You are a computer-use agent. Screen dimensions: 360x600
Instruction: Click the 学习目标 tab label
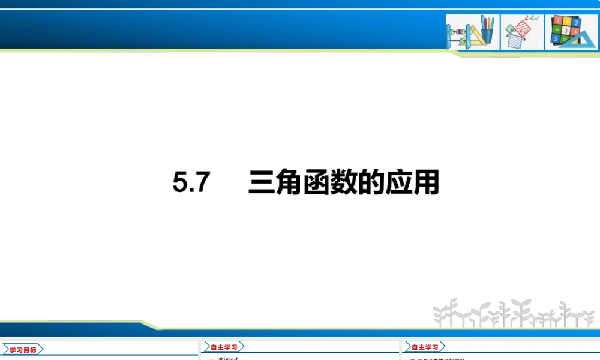[x=23, y=350]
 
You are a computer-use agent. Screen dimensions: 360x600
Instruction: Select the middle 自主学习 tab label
[x=224, y=347]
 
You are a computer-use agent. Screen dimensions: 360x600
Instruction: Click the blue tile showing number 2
[x=577, y=22]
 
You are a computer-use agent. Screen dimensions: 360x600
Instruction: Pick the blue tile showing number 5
[x=556, y=38]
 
